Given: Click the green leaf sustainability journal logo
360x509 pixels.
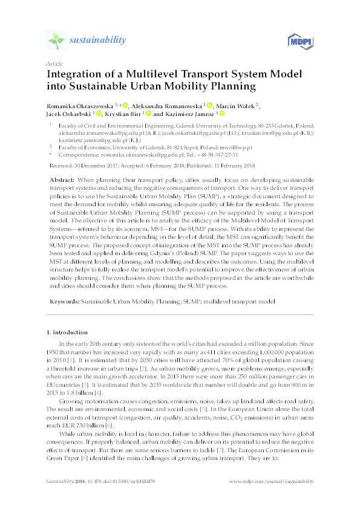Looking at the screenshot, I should [56, 41].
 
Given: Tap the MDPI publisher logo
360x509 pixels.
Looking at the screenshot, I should [302, 41].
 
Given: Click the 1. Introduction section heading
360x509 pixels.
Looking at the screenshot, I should [67, 332].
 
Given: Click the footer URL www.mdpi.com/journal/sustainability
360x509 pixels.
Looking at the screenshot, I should [272, 482].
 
